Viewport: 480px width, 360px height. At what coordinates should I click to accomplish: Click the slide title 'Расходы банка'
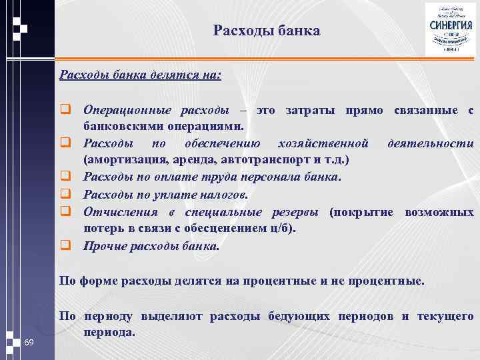point(267,31)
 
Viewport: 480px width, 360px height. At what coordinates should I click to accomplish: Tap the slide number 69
point(29,343)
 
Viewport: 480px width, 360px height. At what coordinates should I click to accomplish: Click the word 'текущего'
point(445,316)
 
